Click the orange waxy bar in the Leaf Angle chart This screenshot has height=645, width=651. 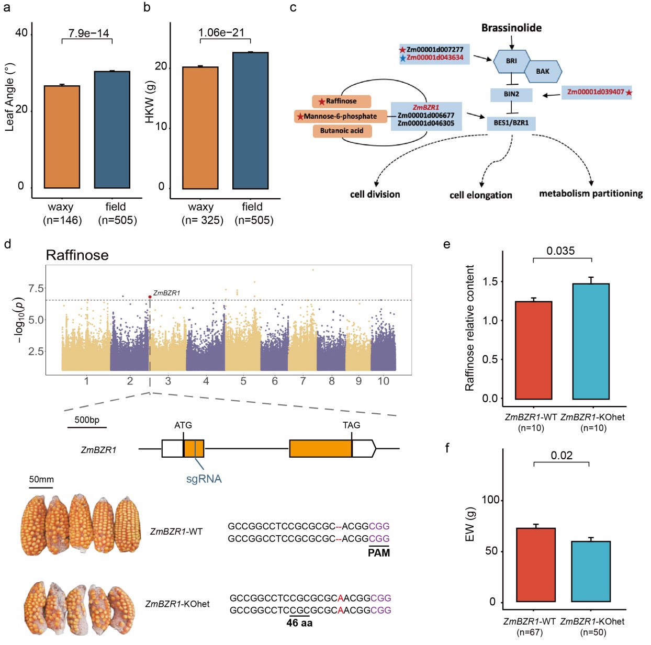click(x=62, y=137)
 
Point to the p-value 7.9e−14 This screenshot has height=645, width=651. click(x=88, y=33)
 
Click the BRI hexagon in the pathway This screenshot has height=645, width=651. click(x=511, y=61)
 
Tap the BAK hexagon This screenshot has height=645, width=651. click(x=543, y=71)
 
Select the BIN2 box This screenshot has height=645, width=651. click(x=511, y=94)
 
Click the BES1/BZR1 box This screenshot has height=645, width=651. click(x=511, y=123)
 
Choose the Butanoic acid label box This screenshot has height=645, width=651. click(x=342, y=131)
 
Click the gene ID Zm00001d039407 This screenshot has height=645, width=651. click(x=596, y=92)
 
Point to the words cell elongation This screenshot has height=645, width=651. click(x=480, y=195)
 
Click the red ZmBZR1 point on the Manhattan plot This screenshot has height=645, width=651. click(x=150, y=297)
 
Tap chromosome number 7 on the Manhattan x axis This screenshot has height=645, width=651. click(x=303, y=381)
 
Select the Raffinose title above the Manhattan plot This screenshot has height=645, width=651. click(x=77, y=255)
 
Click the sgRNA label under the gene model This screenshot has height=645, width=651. click(x=204, y=479)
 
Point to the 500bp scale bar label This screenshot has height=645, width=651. click(x=87, y=420)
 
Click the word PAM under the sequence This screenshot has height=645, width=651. click(x=379, y=553)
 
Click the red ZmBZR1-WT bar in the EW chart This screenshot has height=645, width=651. click(x=535, y=565)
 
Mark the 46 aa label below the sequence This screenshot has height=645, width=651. click(x=299, y=623)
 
